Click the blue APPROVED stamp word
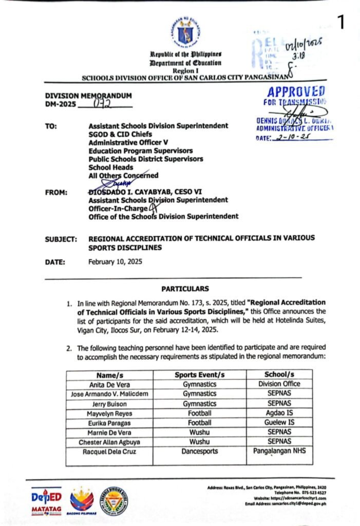click(296, 92)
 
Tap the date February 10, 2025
click(115, 261)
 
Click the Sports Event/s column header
click(200, 374)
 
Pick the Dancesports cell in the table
click(200, 452)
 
